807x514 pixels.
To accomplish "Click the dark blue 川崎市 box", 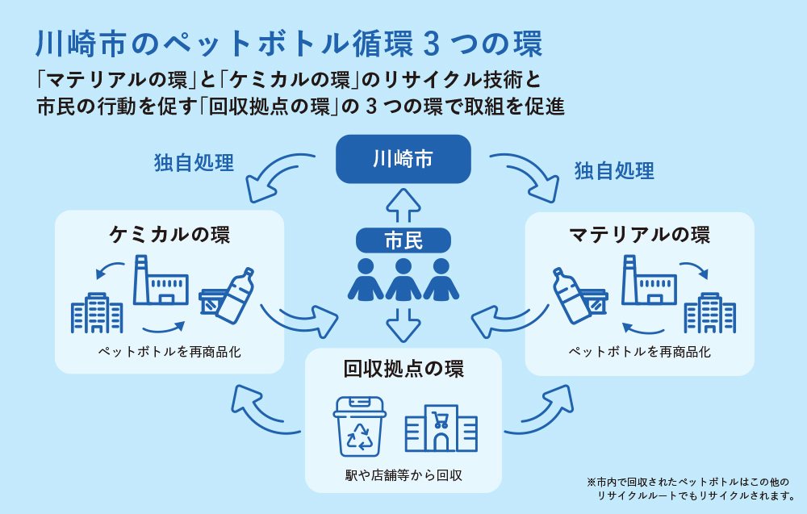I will (403, 158).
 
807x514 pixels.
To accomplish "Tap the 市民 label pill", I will (403, 240).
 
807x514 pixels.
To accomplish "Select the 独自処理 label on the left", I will (194, 163).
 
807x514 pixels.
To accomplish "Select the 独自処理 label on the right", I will (614, 170).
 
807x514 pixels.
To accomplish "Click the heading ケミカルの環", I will (169, 235).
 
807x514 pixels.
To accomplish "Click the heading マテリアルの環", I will (639, 235).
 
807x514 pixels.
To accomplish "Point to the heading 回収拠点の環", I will (403, 370).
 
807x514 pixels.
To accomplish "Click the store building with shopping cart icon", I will (441, 428).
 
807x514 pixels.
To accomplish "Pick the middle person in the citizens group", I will (403, 279).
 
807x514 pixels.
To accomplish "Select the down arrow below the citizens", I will (403, 324).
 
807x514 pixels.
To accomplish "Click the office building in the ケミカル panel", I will (97, 313).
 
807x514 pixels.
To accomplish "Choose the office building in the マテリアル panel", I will (709, 313).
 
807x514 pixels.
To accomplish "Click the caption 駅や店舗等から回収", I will (403, 475).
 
